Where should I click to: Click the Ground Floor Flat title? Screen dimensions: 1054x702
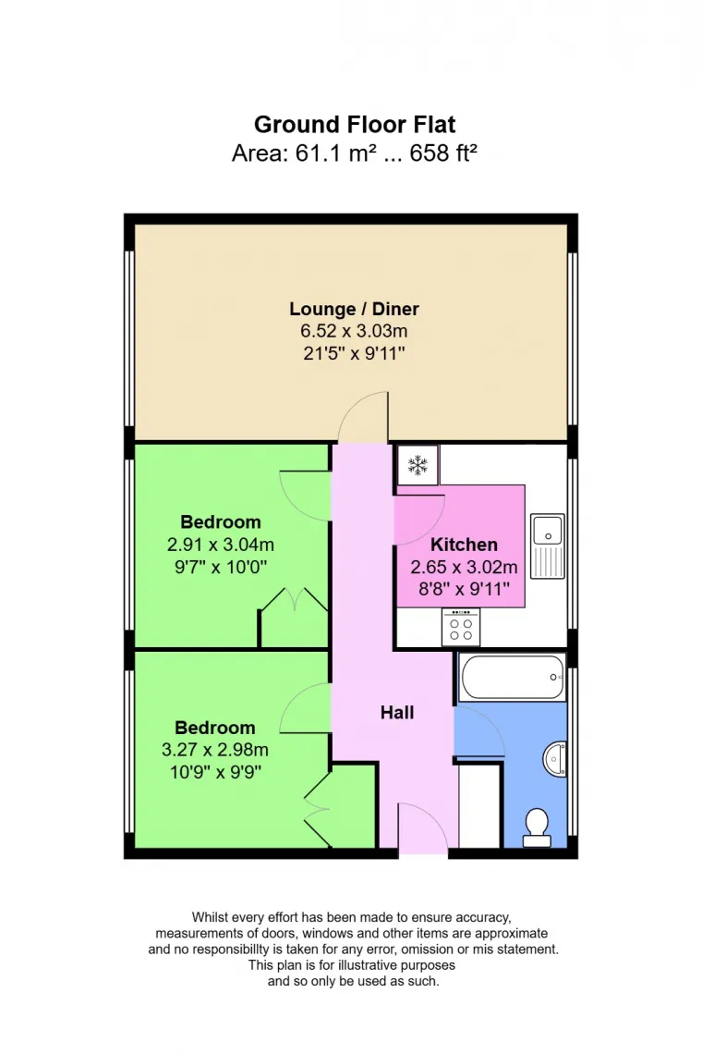coord(355,124)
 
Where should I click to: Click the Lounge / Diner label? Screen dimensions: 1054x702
coord(355,309)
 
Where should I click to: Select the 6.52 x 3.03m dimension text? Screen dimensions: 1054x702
coord(355,330)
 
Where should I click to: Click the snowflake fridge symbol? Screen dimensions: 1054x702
coord(418,465)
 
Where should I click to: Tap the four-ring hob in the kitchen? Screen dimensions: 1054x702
coord(461,628)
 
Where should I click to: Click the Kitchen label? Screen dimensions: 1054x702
coord(464,545)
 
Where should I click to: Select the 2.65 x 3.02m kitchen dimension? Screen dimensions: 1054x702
coord(464,567)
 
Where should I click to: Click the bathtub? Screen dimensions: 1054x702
coord(511,678)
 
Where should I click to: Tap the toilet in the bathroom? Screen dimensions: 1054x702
coord(536,827)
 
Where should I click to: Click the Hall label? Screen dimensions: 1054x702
coord(397,712)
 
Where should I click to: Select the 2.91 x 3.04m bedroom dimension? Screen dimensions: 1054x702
coord(221,545)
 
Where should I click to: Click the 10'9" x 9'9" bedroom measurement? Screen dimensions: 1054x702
coord(215,772)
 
